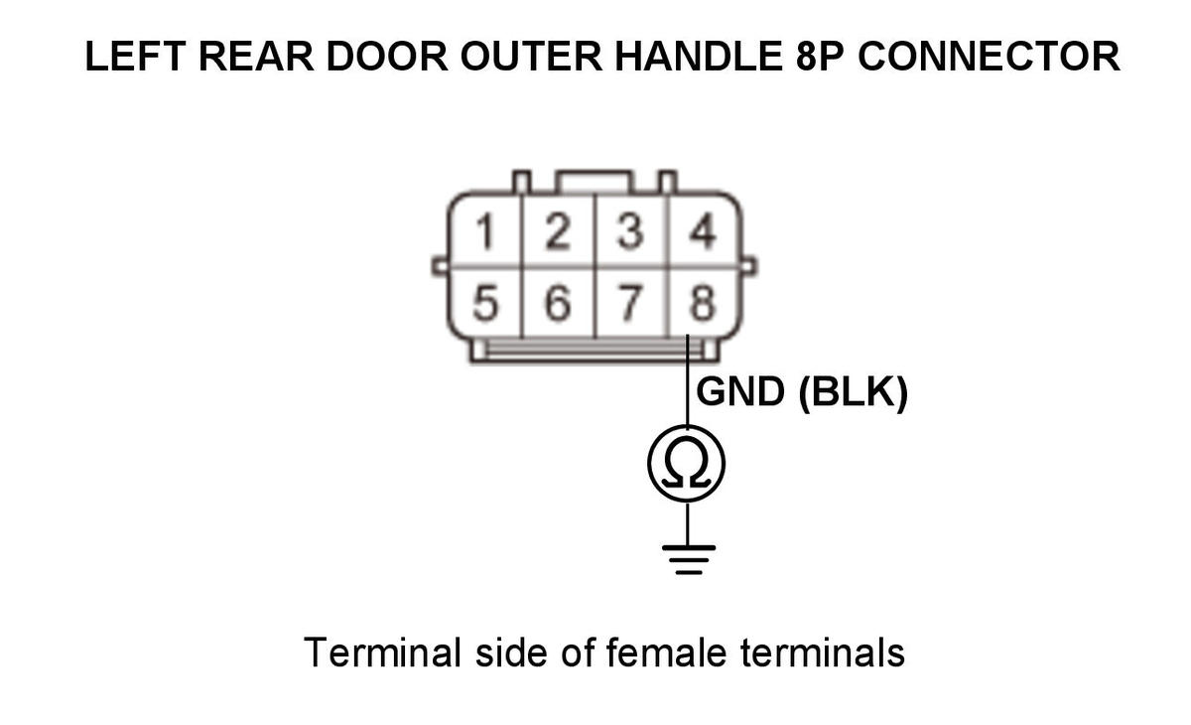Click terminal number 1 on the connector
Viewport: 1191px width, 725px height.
point(485,234)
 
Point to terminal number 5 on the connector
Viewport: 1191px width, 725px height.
point(485,304)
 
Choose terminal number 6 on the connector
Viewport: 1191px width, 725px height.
point(559,304)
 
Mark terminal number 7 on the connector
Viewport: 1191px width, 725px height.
point(630,304)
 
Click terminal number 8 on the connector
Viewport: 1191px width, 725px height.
point(703,304)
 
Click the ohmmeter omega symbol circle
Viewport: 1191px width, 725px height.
point(687,464)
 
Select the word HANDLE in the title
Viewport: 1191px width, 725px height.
point(692,57)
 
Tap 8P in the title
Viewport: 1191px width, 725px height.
point(822,57)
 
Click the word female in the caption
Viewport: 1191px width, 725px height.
point(659,652)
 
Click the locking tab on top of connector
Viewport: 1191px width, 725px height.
point(594,183)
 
